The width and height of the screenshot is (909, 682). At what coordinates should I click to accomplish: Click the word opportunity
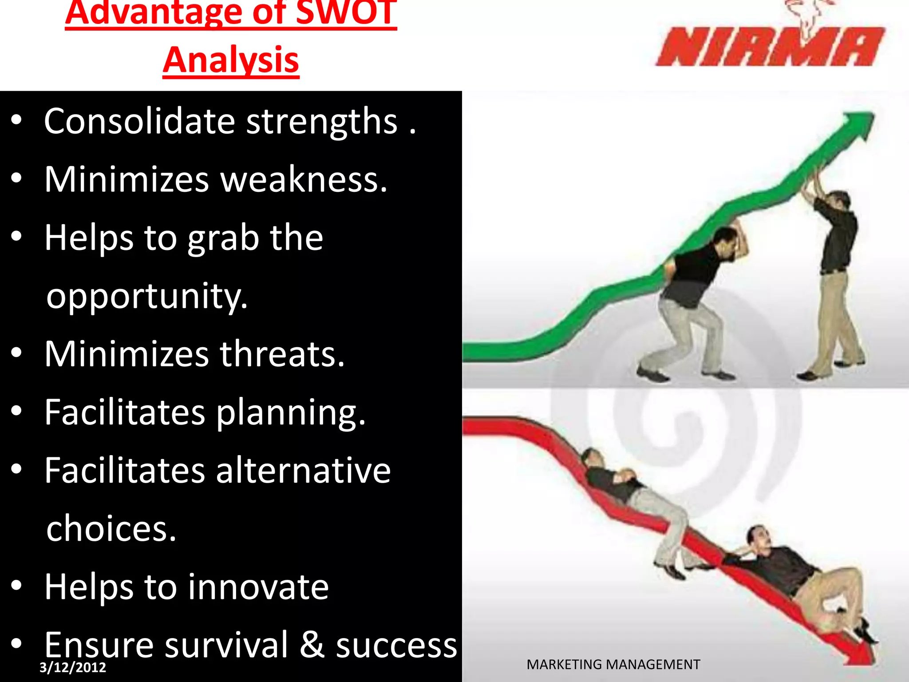pyautogui.click(x=146, y=297)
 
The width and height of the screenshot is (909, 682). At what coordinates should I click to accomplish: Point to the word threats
pyautogui.click(x=282, y=354)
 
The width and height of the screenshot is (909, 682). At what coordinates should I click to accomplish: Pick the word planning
pyautogui.click(x=291, y=413)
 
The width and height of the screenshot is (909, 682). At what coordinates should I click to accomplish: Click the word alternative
pyautogui.click(x=303, y=471)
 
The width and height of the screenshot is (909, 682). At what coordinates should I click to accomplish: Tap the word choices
pyautogui.click(x=111, y=529)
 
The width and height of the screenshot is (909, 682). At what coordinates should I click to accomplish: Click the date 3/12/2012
pyautogui.click(x=73, y=667)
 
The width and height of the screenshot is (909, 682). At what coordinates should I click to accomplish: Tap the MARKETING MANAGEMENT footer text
pyautogui.click(x=613, y=665)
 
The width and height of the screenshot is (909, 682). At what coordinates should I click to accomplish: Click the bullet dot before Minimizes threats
pyautogui.click(x=16, y=353)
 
